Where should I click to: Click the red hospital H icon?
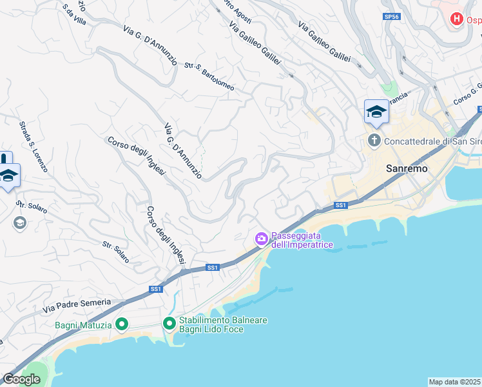457,19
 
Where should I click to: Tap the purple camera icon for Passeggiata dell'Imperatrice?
261,239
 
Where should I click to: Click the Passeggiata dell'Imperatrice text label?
302,240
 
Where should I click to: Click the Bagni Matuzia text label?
84,325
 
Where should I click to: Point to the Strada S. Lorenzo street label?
32,146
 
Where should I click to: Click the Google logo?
21,379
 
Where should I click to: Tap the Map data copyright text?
455,382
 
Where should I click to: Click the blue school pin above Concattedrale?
376,112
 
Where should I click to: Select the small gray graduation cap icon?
19,223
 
